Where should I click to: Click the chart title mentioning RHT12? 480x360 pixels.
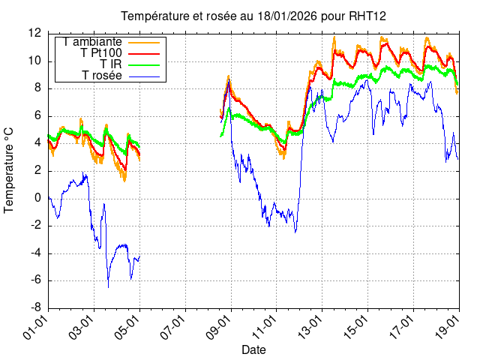(x=253, y=16)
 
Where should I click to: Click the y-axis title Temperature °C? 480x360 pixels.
(x=10, y=170)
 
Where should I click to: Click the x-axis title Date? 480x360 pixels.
(x=253, y=349)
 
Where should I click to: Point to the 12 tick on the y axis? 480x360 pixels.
(x=34, y=33)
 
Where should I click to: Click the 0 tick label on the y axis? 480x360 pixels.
(x=38, y=198)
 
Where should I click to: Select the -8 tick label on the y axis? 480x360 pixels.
(x=34, y=307)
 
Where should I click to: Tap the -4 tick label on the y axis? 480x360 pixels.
(x=34, y=253)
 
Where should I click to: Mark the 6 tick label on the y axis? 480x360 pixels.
(x=38, y=115)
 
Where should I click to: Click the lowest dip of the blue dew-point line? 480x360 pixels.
(x=108, y=286)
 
